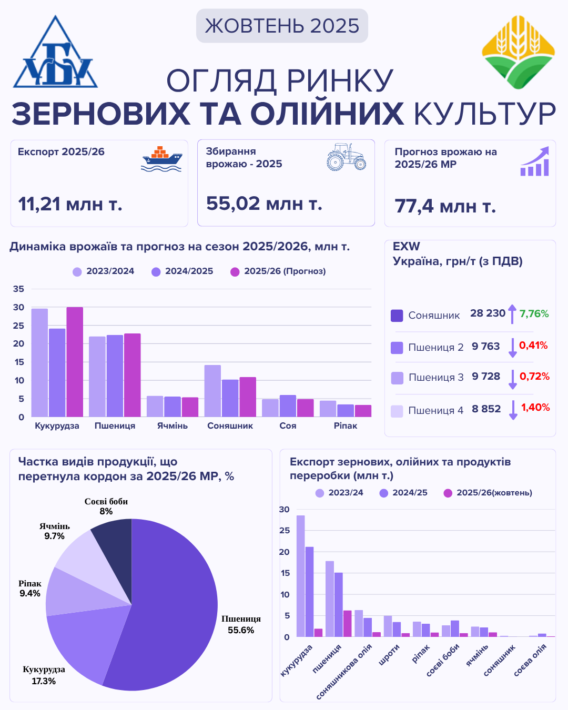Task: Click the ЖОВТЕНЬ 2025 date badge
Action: click(282, 26)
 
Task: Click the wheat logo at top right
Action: click(518, 52)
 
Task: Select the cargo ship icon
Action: click(161, 159)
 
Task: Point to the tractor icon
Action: click(346, 157)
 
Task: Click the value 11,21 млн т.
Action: click(70, 204)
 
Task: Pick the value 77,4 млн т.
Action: click(445, 206)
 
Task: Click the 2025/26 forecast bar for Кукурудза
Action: click(75, 362)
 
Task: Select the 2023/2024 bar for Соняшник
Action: click(212, 391)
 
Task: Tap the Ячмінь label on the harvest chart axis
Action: click(173, 426)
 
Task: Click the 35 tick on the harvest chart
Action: click(18, 289)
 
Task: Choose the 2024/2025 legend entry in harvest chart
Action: click(182, 271)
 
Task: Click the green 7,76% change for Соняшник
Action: click(534, 314)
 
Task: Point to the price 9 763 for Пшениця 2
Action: click(485, 347)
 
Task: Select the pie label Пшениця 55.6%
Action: click(241, 624)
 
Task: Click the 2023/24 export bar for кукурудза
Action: click(300, 576)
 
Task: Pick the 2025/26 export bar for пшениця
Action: click(347, 624)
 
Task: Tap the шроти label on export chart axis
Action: click(390, 655)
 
